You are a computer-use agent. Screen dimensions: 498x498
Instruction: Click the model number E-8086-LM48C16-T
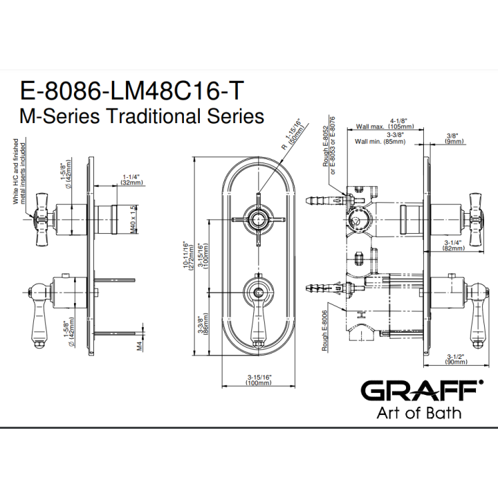click(x=132, y=91)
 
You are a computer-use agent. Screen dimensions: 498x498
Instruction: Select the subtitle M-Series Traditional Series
click(x=142, y=116)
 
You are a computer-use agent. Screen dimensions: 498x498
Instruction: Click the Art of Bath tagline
click(x=419, y=413)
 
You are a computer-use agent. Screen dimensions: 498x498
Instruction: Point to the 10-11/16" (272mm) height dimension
click(x=188, y=256)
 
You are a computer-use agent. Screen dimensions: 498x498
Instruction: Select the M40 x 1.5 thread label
click(x=133, y=220)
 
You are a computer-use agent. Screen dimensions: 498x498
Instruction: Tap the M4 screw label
click(x=140, y=345)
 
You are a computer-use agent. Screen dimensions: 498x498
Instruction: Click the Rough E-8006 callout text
click(x=324, y=331)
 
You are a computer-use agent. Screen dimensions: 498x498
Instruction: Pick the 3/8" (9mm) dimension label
click(x=454, y=138)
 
